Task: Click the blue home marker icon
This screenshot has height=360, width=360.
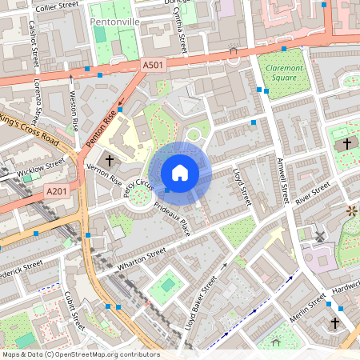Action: point(180,172)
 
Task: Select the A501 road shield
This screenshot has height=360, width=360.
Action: point(154,64)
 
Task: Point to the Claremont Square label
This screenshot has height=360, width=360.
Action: point(282,74)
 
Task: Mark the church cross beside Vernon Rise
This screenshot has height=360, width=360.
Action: point(110,161)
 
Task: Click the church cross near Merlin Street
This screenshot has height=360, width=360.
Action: point(334,323)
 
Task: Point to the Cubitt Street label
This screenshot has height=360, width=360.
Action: point(74,310)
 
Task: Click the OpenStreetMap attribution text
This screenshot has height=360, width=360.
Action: point(81,354)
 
